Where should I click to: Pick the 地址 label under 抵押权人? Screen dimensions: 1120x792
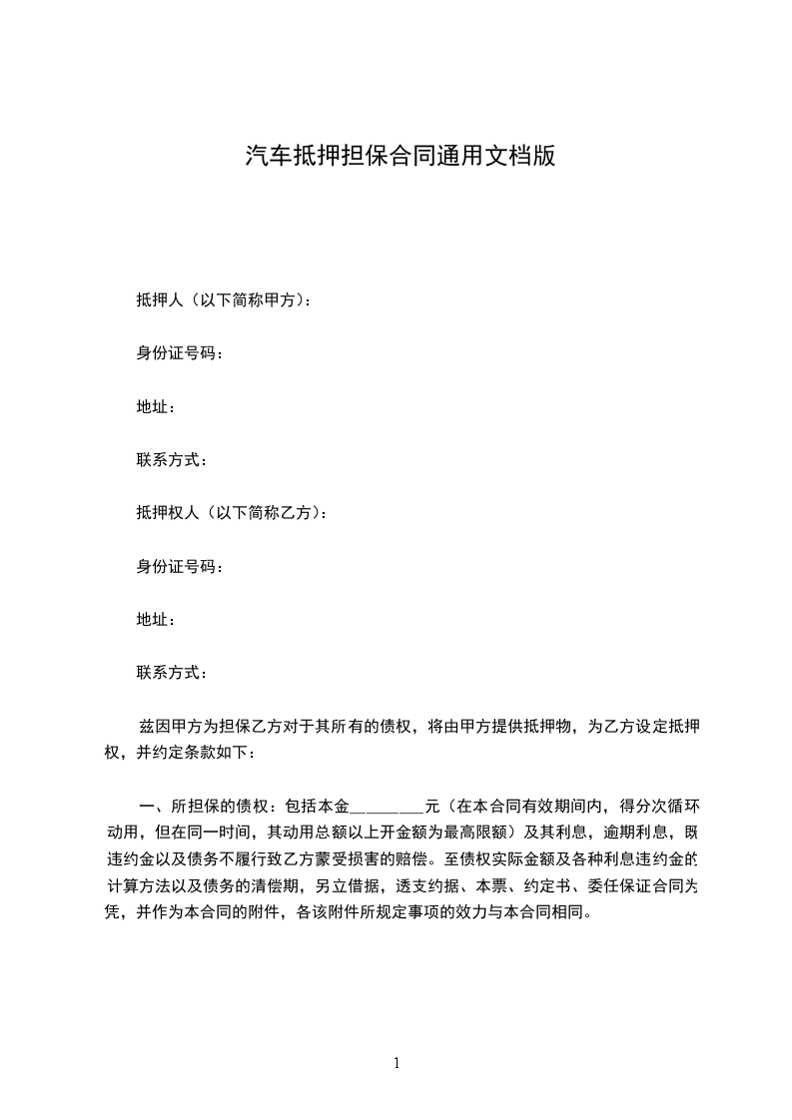tap(154, 620)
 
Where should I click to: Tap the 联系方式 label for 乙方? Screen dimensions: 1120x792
tap(169, 673)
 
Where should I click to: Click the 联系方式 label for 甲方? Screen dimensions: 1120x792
tap(169, 460)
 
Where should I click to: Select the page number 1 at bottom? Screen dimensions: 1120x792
tap(396, 1063)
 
